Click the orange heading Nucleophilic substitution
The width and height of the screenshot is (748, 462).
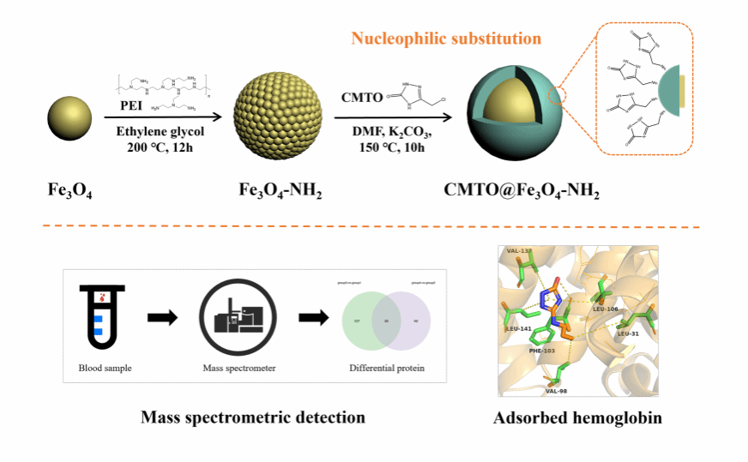(x=446, y=39)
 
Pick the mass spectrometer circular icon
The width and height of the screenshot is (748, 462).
(x=236, y=316)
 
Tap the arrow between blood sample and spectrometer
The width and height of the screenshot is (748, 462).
(x=162, y=318)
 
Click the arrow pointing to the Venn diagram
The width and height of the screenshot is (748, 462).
(x=313, y=318)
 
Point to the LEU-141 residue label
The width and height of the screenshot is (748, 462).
(x=519, y=328)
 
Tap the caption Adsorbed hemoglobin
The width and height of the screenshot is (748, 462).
(x=577, y=419)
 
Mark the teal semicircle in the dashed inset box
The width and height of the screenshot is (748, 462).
(x=667, y=94)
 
